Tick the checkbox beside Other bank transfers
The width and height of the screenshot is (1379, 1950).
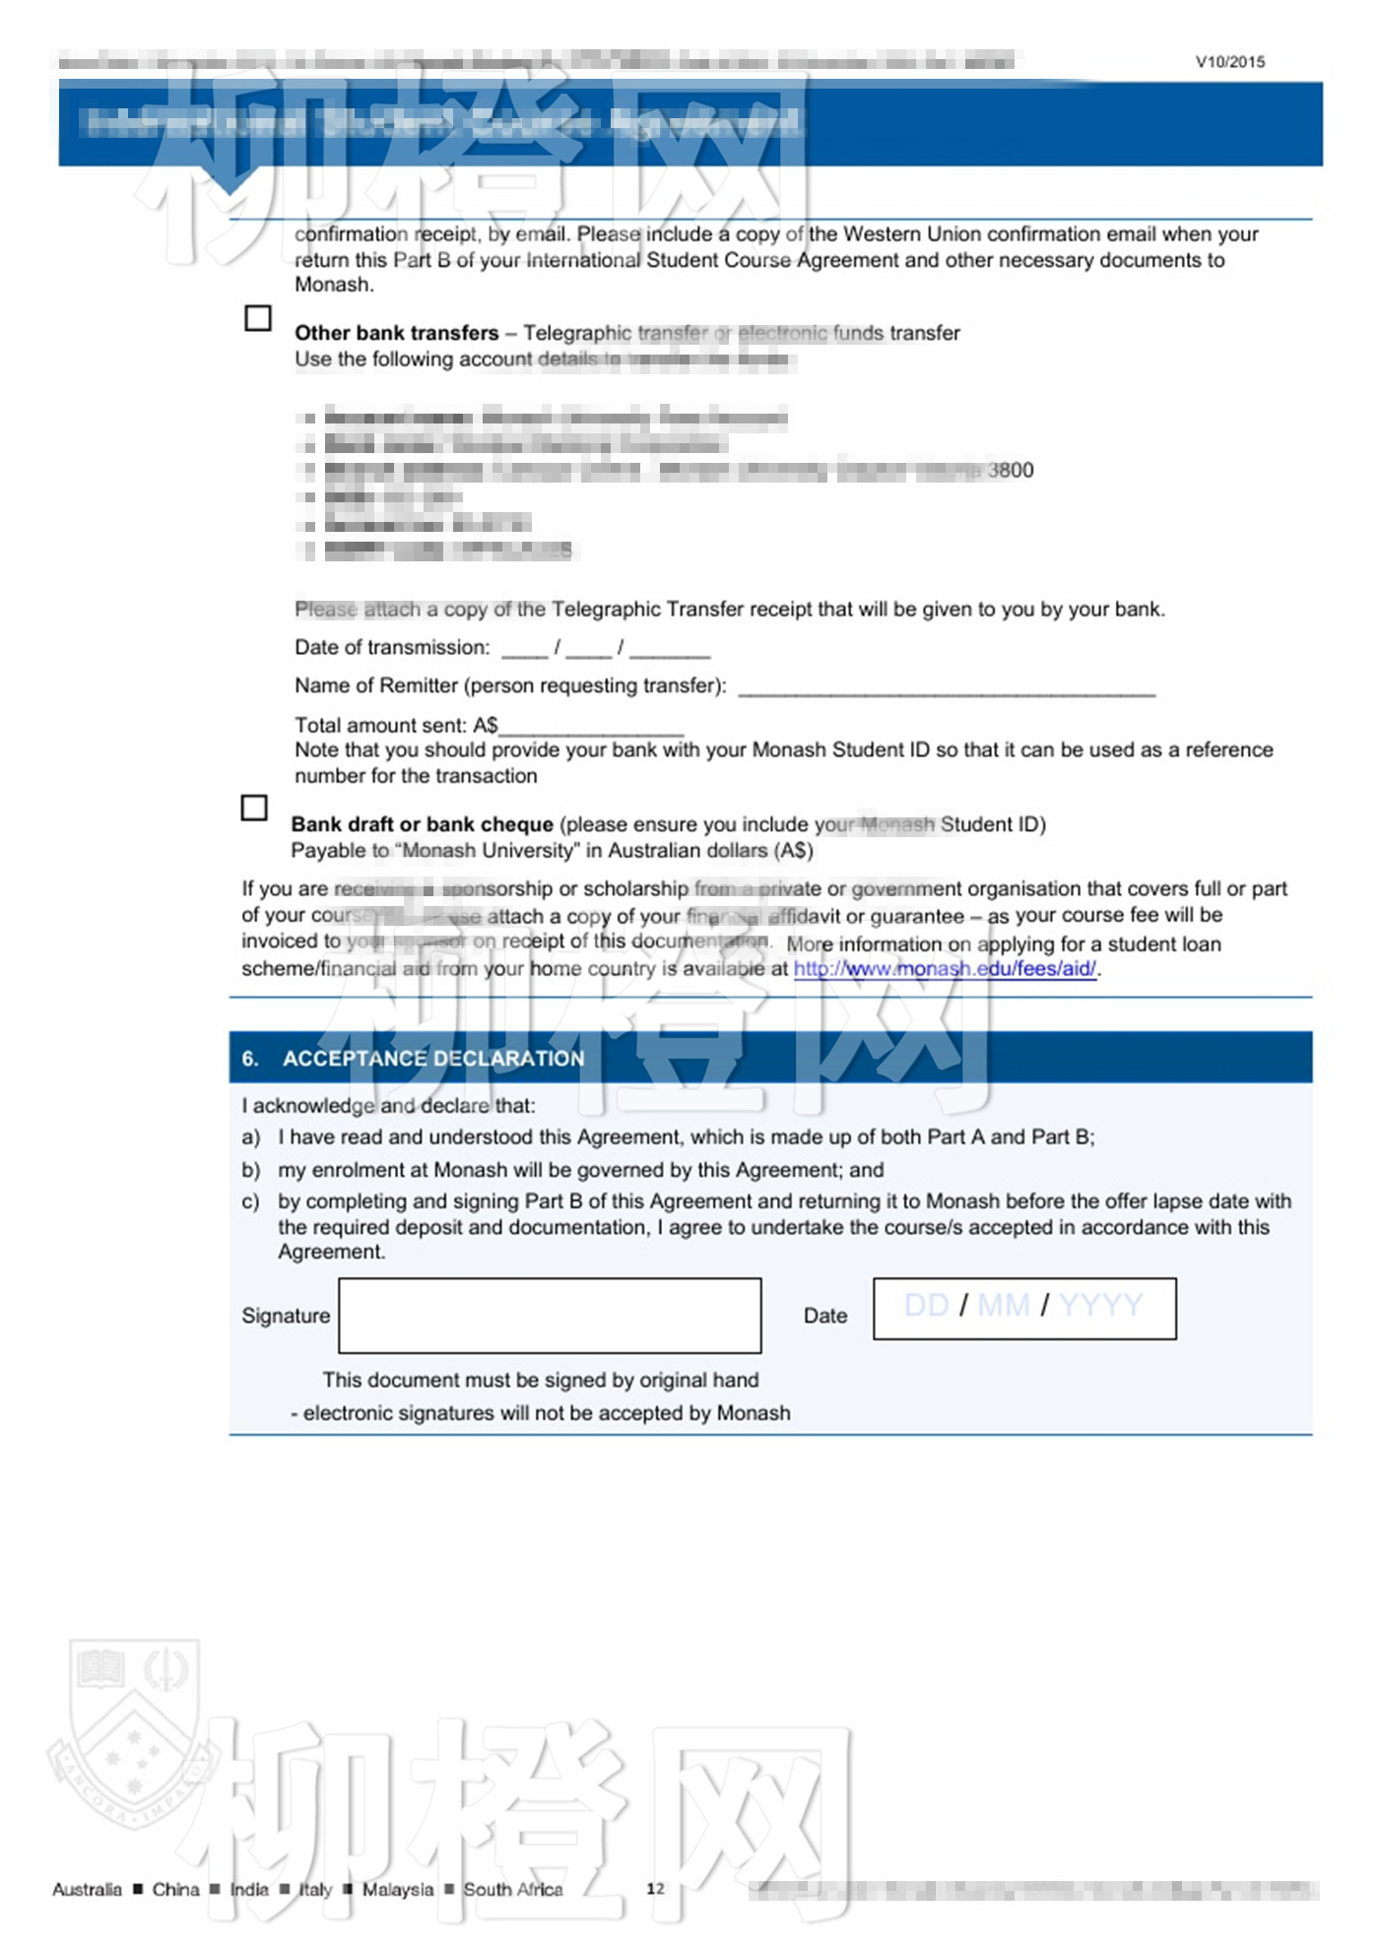point(258,318)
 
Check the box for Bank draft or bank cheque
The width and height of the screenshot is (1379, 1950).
point(254,808)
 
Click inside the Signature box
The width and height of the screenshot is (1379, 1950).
point(550,1315)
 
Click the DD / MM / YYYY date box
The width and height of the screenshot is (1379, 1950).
point(1024,1308)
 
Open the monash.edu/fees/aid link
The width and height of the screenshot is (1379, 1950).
point(945,969)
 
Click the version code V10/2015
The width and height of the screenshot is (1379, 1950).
point(1230,61)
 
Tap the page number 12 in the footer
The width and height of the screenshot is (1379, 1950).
point(655,1888)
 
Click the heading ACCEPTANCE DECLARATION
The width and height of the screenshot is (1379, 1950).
point(433,1059)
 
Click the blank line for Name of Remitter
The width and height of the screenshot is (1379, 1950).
point(946,688)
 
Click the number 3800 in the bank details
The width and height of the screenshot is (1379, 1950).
point(1011,471)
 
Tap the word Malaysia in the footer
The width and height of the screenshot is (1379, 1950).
point(397,1889)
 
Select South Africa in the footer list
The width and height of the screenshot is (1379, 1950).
point(513,1889)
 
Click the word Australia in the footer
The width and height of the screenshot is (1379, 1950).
point(87,1889)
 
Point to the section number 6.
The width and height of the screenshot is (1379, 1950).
point(250,1059)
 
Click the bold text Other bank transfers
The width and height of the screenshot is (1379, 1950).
point(396,333)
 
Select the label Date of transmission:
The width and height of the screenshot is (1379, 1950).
point(392,647)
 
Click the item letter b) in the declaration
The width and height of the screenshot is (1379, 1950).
point(251,1170)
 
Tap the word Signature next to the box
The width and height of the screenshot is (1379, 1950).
point(286,1316)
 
